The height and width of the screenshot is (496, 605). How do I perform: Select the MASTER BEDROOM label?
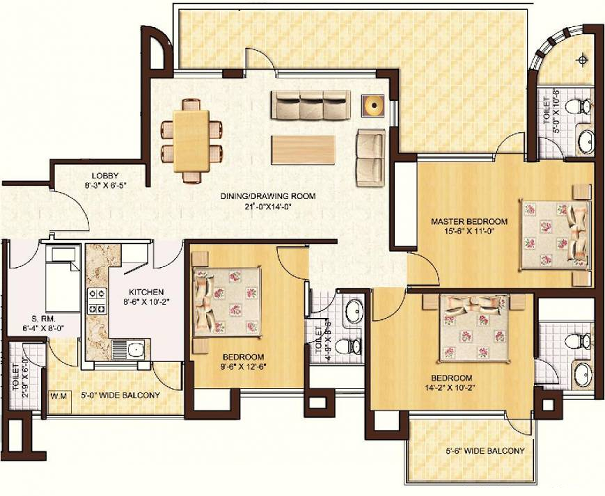click(x=469, y=221)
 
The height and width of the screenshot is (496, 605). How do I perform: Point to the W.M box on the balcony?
click(x=59, y=396)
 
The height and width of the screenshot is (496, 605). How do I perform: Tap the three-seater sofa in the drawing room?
click(x=311, y=105)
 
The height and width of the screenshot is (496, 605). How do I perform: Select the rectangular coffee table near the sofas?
click(x=303, y=150)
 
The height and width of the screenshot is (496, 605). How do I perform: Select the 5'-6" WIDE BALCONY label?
click(x=485, y=451)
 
